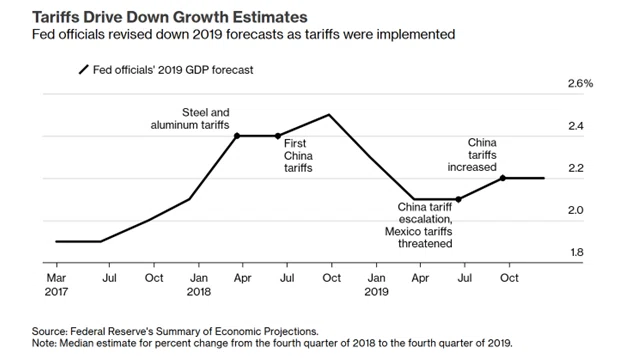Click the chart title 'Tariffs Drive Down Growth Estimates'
coord(170,17)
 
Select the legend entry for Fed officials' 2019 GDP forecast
coord(166,70)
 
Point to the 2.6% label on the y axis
coord(580,83)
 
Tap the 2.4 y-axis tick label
coord(576,126)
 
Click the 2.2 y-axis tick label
coord(576,168)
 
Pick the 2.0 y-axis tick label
coord(576,210)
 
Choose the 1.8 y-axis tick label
coord(577,252)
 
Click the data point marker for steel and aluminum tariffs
coord(237,136)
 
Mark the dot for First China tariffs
coord(278,136)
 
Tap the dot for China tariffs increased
coord(503,178)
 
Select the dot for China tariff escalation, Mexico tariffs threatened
coord(458,199)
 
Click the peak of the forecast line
coord(329,114)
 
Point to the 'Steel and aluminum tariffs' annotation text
coord(190,119)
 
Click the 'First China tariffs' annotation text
coord(298,156)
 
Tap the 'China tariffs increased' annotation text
coord(472,155)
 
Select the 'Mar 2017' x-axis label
coord(56,285)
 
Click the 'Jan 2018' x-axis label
coord(199,285)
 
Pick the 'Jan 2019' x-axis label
coord(376,285)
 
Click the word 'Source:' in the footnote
coord(50,331)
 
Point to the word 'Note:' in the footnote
coord(44,343)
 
